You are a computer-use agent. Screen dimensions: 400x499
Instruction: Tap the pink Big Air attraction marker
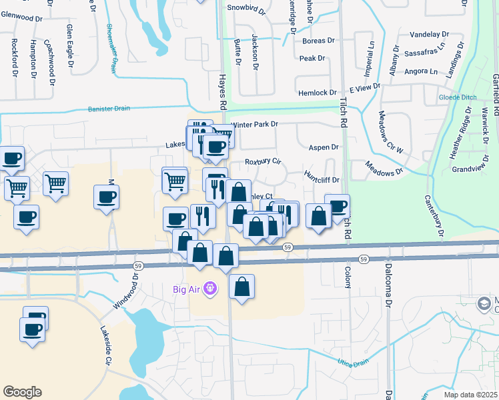210,289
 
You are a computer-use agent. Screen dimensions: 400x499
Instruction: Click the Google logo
22,392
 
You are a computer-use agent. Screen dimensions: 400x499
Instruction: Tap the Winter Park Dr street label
254,125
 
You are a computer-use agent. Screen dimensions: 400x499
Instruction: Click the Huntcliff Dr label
322,179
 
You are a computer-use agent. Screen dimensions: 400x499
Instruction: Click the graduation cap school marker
483,305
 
